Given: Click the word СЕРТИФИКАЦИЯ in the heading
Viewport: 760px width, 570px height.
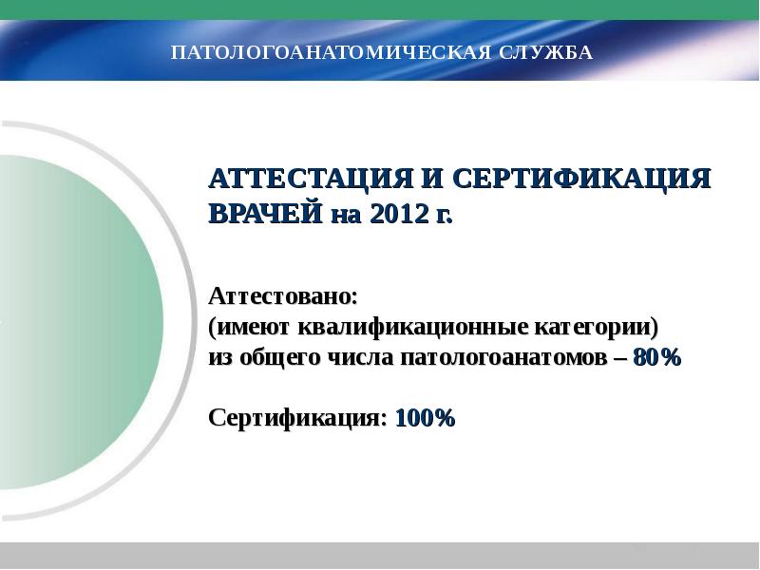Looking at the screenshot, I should [578, 180].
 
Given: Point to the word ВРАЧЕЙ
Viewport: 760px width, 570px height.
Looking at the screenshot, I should [266, 213].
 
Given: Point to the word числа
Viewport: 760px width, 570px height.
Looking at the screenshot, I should [359, 358].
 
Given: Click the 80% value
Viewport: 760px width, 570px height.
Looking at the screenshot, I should [656, 358].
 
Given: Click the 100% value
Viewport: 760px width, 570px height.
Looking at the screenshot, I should [426, 417].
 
